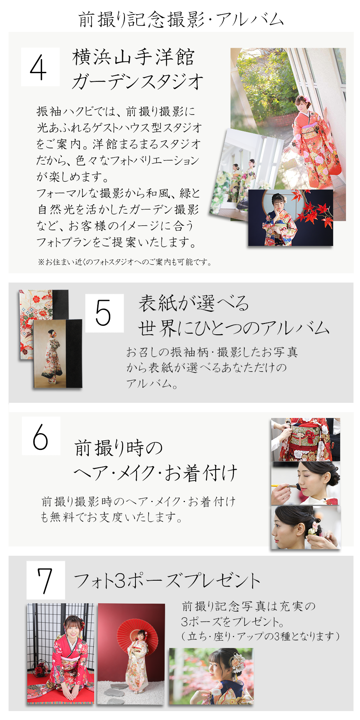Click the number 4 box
(40, 67)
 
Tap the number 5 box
(104, 313)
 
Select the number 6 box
(41, 436)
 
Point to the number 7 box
(46, 580)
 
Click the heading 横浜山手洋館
(133, 57)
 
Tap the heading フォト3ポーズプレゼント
(167, 580)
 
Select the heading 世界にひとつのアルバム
(234, 328)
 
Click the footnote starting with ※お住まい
(125, 262)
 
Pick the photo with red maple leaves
(291, 218)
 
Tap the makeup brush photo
(306, 483)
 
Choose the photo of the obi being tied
(306, 439)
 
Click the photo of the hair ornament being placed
(306, 527)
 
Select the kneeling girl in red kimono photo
(60, 654)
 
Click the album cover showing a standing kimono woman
(58, 354)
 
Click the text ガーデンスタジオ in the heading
(138, 81)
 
